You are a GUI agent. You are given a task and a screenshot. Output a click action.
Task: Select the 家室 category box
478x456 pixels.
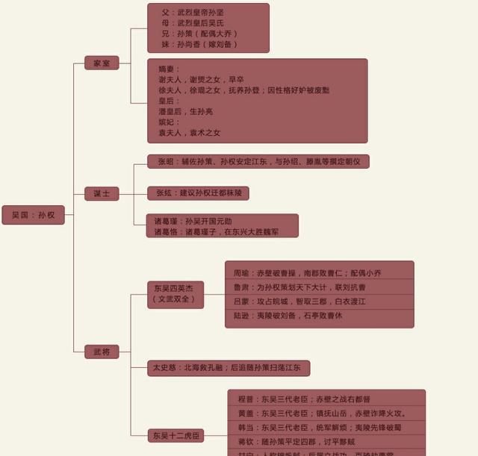pos(102,63)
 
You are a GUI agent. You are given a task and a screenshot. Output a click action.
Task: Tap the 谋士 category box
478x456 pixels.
pos(102,193)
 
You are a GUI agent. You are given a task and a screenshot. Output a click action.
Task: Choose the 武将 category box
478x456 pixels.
pos(102,350)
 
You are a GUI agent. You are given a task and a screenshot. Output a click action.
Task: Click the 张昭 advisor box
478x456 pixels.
pos(258,161)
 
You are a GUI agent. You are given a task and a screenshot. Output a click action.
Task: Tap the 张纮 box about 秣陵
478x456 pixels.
pos(198,193)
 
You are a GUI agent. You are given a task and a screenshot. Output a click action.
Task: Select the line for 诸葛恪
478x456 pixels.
pos(216,231)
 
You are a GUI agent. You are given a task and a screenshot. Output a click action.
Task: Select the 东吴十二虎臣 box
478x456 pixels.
pos(177,435)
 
